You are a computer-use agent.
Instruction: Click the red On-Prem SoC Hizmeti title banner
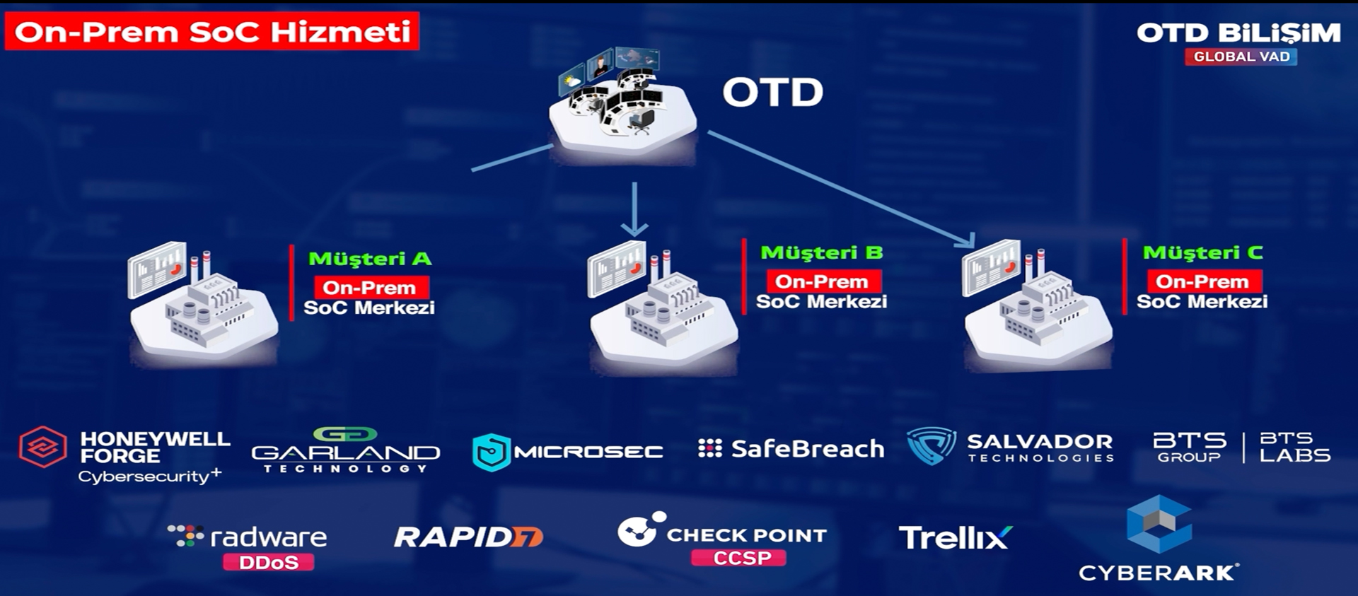click(212, 32)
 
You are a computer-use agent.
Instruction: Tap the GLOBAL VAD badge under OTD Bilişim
click(1241, 57)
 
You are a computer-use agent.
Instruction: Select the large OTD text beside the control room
click(772, 93)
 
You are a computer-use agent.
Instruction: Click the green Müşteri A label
click(370, 259)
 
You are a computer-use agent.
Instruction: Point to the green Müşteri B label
click(821, 253)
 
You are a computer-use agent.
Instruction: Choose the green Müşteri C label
click(1202, 253)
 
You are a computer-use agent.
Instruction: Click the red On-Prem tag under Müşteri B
click(822, 281)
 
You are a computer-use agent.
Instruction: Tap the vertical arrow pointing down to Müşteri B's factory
click(634, 209)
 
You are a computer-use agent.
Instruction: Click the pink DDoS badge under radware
click(268, 563)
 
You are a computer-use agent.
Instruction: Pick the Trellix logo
click(955, 538)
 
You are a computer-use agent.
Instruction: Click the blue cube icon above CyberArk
click(1159, 524)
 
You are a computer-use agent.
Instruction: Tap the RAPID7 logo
click(468, 537)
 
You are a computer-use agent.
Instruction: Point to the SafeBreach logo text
click(807, 449)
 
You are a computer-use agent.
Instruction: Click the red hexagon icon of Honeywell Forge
click(42, 447)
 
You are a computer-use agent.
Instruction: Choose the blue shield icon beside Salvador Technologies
click(931, 445)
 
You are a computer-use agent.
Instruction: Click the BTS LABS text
click(1294, 448)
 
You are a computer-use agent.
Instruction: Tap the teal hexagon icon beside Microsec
click(491, 452)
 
